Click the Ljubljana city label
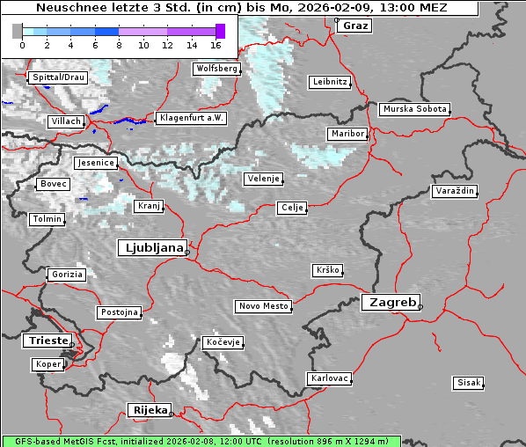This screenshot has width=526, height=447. point(150,248)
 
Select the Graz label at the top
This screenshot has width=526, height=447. point(355,26)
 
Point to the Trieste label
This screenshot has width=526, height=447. point(45,341)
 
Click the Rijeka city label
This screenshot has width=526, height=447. point(149,410)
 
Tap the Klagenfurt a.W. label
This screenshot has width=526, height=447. point(191,118)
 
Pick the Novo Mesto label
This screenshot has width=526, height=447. point(263,306)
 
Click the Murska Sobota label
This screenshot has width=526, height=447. point(414,110)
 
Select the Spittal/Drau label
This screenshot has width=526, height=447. point(58,77)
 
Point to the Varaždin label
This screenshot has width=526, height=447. point(455,191)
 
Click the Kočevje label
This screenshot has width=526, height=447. point(223,342)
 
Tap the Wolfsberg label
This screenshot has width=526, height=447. point(216,69)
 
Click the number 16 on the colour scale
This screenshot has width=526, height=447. point(216,45)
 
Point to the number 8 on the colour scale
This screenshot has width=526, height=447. point(119,45)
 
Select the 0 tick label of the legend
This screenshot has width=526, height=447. point(22,45)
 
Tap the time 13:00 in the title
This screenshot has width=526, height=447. point(400,9)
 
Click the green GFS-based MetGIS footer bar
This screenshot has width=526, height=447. point(201,441)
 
